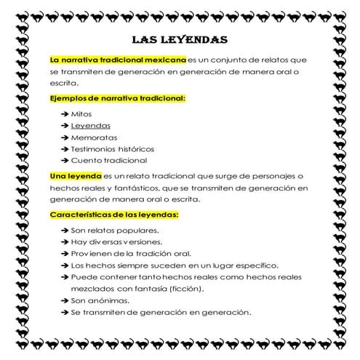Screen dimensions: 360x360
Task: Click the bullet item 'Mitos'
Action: pos(82,114)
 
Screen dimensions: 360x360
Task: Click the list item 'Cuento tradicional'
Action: pos(109,160)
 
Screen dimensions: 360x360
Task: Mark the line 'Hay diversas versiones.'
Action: pos(116,242)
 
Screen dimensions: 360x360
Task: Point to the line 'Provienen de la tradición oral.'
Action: pos(131,254)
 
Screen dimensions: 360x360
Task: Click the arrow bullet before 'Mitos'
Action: pos(65,114)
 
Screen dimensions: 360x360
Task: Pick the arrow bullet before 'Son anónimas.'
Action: pos(65,300)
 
